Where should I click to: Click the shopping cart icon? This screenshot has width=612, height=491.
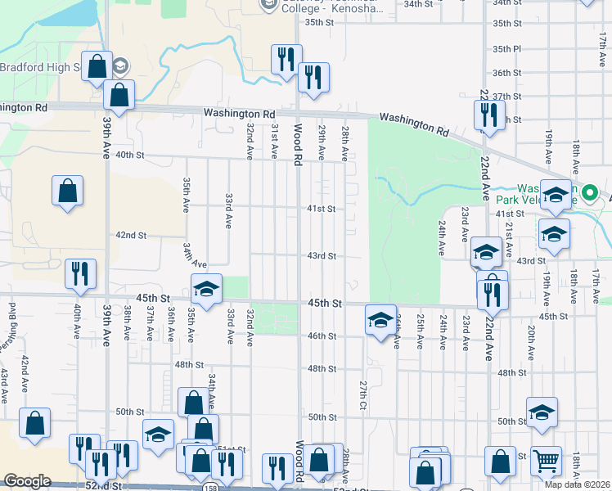(x=546, y=461)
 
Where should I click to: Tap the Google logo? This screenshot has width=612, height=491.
(x=27, y=481)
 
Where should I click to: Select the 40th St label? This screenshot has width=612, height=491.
(x=129, y=155)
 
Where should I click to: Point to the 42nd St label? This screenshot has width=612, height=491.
(x=131, y=235)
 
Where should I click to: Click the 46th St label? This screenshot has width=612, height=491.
(x=322, y=336)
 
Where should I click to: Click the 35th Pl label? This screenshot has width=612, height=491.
(x=506, y=49)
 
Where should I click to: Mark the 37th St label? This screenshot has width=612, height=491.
(x=506, y=97)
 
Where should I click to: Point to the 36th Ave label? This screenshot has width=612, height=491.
(x=170, y=325)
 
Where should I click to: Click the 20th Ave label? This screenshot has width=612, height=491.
(x=531, y=341)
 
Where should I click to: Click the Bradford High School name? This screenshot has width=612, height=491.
(x=39, y=67)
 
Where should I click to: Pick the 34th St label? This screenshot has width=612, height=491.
(x=417, y=4)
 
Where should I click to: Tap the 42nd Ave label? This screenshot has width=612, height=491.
(x=25, y=372)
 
